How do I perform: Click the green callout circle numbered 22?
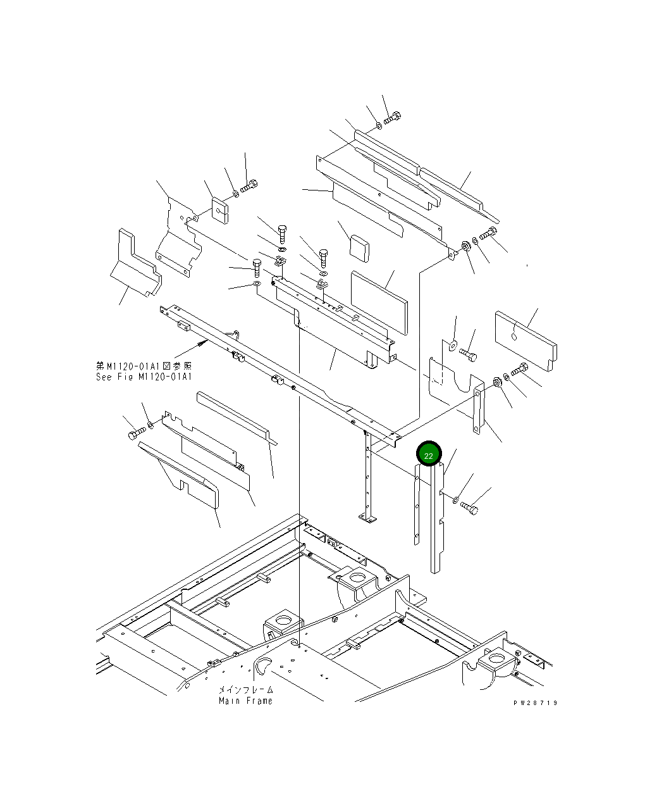(x=429, y=454)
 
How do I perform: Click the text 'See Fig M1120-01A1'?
(x=144, y=377)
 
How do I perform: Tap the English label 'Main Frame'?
(x=245, y=701)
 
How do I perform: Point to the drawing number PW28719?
(x=535, y=703)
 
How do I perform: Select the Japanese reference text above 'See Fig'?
(x=144, y=366)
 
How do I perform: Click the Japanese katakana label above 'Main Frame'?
(x=245, y=690)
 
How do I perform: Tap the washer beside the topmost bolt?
(x=379, y=125)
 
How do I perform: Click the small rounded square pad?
(x=359, y=249)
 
